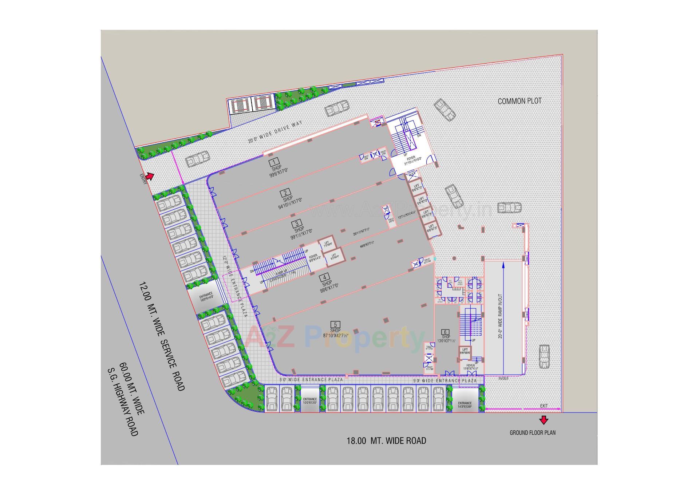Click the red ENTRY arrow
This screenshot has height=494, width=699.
coord(150,176)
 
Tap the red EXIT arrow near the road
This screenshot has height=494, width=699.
coord(544,420)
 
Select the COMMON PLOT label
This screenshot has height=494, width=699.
coord(520,101)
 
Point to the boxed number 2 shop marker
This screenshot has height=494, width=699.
coord(285,193)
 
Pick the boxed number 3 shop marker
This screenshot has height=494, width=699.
coord(297,223)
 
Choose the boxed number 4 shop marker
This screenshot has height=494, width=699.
coord(324,277)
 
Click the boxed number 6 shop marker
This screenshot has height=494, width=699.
coord(445,332)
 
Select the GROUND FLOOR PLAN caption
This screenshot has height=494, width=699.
coord(532,433)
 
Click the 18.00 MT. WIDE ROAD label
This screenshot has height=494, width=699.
coord(386,441)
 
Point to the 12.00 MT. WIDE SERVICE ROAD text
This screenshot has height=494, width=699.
coord(162,336)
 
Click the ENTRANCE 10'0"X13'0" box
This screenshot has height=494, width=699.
coord(310,400)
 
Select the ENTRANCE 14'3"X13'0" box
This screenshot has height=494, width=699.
coord(465,404)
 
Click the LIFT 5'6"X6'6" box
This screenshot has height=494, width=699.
coord(465,351)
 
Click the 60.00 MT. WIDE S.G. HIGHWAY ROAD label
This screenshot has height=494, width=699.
coord(127,399)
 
